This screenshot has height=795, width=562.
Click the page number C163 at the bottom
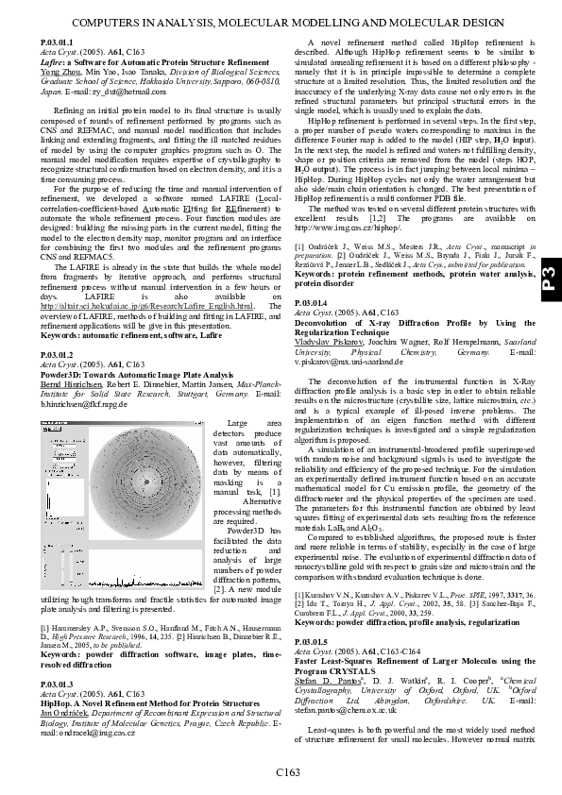(x=287, y=773)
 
